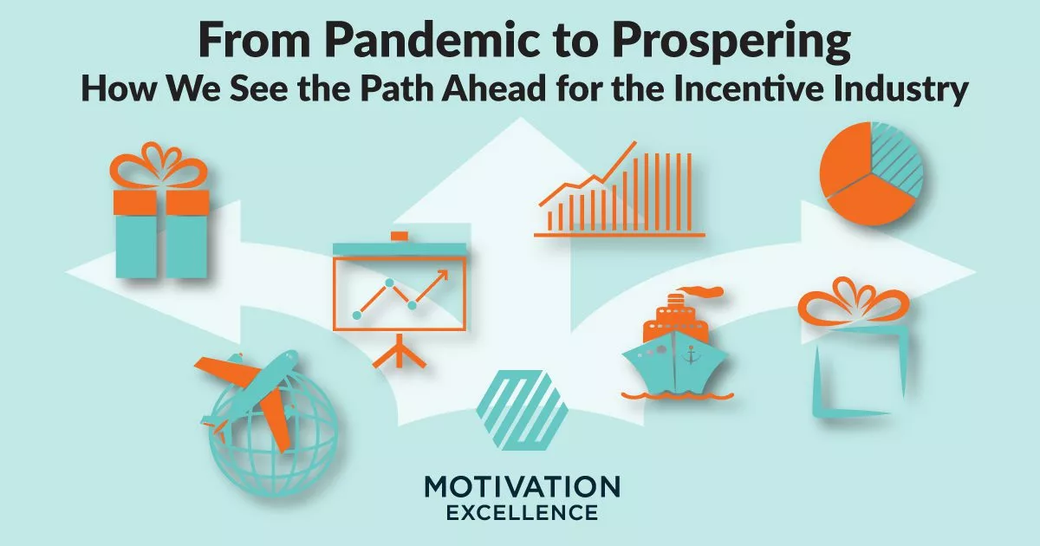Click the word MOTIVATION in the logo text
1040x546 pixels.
point(522,486)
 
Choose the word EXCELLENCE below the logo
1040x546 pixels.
point(522,513)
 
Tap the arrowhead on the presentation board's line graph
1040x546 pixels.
point(444,276)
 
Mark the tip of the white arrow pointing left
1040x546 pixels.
point(69,270)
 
